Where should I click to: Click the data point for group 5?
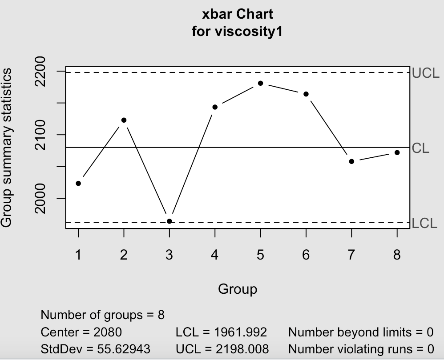pyautogui.click(x=260, y=83)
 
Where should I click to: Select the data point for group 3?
pyautogui.click(x=169, y=221)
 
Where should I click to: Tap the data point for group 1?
pyautogui.click(x=78, y=183)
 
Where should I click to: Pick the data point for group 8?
pyautogui.click(x=397, y=152)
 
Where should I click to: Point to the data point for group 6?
pyautogui.click(x=306, y=94)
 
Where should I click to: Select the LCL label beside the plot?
pyautogui.click(x=424, y=223)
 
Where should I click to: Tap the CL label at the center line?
pyautogui.click(x=420, y=148)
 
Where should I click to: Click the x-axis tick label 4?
pyautogui.click(x=215, y=255)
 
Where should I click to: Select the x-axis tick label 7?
pyautogui.click(x=351, y=255)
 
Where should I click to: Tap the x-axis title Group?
pyautogui.click(x=237, y=289)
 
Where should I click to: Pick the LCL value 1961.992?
pyautogui.click(x=241, y=332)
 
